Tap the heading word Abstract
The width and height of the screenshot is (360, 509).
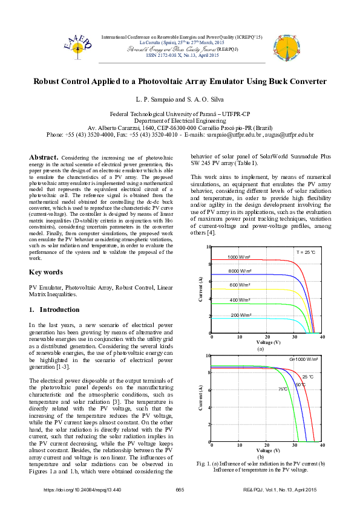point(44,157)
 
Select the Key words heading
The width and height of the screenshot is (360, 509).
point(45,272)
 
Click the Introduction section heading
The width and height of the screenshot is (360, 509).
point(54,310)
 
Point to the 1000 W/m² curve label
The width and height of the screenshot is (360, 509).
point(241,258)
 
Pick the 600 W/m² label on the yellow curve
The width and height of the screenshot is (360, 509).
point(241,285)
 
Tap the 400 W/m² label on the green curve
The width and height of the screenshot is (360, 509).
point(241,300)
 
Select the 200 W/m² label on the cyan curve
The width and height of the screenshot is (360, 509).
point(241,315)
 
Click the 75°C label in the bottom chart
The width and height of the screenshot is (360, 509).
point(283,389)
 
